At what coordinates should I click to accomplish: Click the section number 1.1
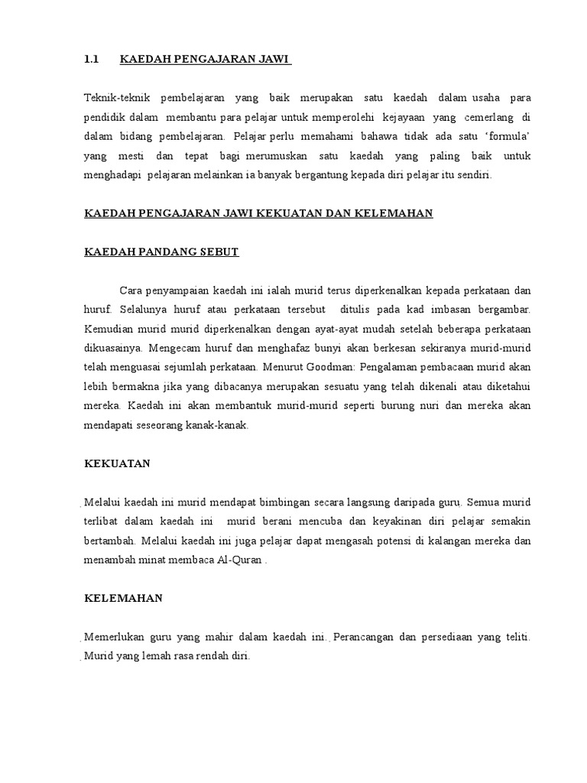click(x=92, y=59)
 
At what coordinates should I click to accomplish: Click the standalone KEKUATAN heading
click(x=116, y=463)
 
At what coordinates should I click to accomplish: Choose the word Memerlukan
click(x=116, y=638)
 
